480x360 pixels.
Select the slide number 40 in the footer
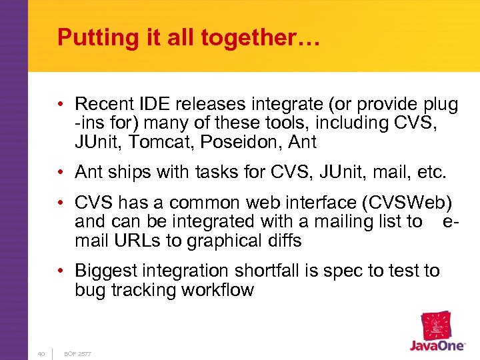pyautogui.click(x=41, y=353)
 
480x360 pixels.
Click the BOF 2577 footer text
pyautogui.click(x=77, y=353)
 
